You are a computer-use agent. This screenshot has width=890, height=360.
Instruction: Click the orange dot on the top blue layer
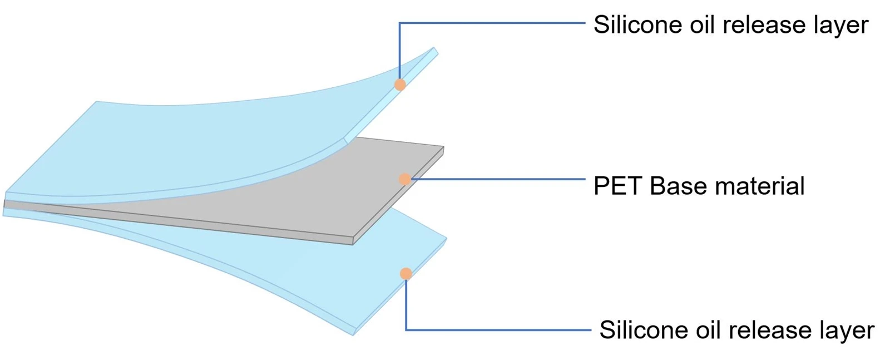click(x=400, y=85)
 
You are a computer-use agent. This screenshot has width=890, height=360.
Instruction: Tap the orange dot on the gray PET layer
click(x=405, y=179)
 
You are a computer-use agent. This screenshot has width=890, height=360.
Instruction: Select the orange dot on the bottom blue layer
click(x=406, y=274)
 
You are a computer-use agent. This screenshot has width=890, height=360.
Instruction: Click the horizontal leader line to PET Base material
click(x=498, y=179)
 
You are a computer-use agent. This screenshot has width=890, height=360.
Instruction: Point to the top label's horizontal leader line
click(x=492, y=23)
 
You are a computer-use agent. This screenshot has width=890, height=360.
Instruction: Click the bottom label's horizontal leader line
click(x=498, y=329)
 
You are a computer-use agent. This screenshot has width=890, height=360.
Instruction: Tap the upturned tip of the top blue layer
click(x=436, y=50)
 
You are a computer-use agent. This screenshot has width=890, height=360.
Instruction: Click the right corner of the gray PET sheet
click(x=443, y=148)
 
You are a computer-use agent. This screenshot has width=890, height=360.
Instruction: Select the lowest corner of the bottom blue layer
click(x=353, y=334)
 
